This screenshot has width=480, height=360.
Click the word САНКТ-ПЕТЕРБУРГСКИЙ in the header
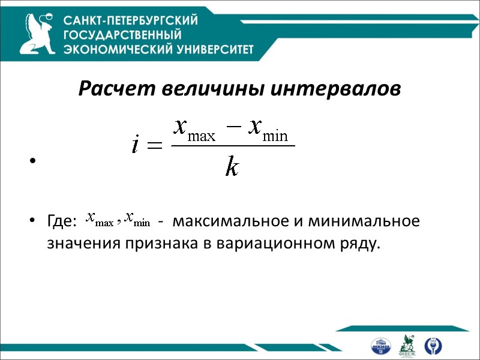pos(131,21)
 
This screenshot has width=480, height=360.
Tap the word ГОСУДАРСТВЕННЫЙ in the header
pos(122,35)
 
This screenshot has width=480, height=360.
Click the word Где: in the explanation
pos(62,222)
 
